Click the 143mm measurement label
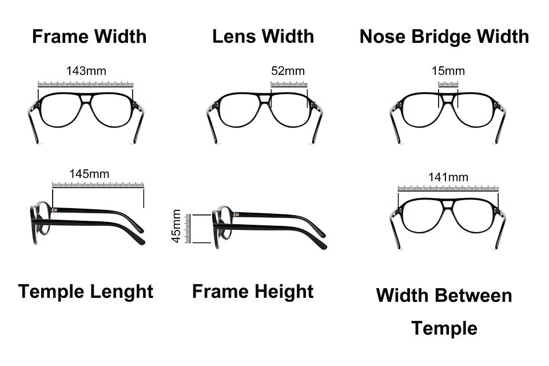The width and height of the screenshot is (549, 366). (86, 71)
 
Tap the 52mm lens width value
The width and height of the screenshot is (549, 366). (288, 71)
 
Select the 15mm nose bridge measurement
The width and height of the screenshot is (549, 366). (448, 71)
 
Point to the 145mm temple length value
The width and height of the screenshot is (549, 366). (89, 174)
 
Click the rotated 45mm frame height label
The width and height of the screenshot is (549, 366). (176, 226)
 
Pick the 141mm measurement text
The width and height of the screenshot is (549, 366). (448, 177)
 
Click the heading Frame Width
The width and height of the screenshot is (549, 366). (89, 37)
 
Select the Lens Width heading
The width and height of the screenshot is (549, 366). (263, 37)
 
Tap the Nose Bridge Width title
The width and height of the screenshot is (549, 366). (444, 37)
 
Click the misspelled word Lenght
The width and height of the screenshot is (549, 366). (122, 292)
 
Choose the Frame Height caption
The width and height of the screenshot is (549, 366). (253, 292)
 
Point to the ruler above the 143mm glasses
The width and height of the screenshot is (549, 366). (86, 84)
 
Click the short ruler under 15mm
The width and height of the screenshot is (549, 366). (448, 84)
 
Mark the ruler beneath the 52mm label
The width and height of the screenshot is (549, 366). (289, 84)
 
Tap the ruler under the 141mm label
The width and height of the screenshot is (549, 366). (448, 188)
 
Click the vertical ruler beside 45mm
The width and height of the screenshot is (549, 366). (188, 228)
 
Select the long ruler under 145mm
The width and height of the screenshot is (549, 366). (98, 185)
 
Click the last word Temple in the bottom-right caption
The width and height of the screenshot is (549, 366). (444, 328)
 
